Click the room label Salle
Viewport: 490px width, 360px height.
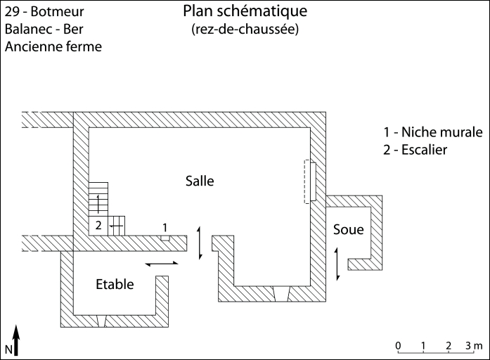(199, 181)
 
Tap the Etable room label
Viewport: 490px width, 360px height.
(115, 284)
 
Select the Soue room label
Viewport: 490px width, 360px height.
(349, 230)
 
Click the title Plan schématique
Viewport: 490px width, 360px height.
(245, 12)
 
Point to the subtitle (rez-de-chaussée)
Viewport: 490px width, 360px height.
(245, 30)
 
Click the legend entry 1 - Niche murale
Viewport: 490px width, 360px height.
(432, 132)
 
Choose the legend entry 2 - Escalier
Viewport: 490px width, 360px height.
(415, 150)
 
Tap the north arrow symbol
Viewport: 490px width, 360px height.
(16, 340)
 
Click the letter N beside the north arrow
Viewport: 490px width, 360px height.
(8, 349)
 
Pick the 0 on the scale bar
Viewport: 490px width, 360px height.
(398, 345)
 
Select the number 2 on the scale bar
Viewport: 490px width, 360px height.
(448, 345)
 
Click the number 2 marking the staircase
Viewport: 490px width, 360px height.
(99, 226)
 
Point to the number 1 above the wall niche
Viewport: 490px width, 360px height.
(165, 227)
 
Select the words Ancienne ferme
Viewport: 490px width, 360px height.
(53, 47)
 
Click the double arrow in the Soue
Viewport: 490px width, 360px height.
(337, 262)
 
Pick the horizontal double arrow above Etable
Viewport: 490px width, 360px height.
(162, 264)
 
